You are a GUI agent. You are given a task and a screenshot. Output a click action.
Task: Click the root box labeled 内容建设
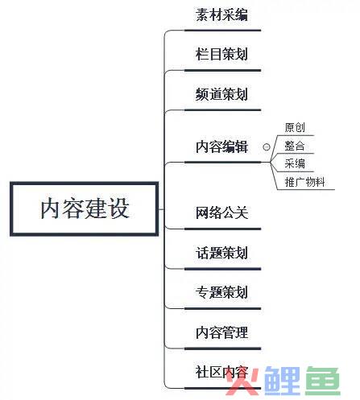[x=85, y=209]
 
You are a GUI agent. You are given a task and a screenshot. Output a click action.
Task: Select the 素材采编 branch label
[x=221, y=14]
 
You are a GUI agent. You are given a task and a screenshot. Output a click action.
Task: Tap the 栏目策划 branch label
[x=221, y=54]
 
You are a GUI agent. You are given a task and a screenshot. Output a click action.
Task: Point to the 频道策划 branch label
[x=221, y=94]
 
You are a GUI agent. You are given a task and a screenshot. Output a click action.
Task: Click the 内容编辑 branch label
[x=221, y=146]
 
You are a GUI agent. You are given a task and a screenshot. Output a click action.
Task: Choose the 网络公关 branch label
[x=221, y=212]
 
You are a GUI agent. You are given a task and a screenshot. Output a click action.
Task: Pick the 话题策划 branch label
[x=221, y=253]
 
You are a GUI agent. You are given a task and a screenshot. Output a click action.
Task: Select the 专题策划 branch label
[x=221, y=292]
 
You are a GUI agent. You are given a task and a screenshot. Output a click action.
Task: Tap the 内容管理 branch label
[x=221, y=332]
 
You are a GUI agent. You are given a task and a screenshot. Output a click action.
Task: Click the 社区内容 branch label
[x=221, y=372]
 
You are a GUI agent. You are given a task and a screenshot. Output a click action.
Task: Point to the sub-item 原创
[x=295, y=127]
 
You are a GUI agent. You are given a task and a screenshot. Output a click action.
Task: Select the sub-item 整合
[x=295, y=146]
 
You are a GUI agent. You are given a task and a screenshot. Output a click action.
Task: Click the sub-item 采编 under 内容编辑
[x=295, y=163]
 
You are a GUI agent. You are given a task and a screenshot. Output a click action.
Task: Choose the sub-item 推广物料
[x=304, y=182]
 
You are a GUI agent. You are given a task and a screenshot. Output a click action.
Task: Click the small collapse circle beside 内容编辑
[x=267, y=147]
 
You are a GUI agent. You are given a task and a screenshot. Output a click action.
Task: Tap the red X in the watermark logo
[x=242, y=381]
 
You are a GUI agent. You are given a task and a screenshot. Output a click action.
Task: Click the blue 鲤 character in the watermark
[x=282, y=381]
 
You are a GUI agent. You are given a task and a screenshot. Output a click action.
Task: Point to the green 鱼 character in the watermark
[x=323, y=381]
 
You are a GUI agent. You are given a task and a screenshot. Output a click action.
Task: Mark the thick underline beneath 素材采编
[x=222, y=31]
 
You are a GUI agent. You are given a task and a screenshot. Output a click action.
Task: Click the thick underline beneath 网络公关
[x=222, y=229]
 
